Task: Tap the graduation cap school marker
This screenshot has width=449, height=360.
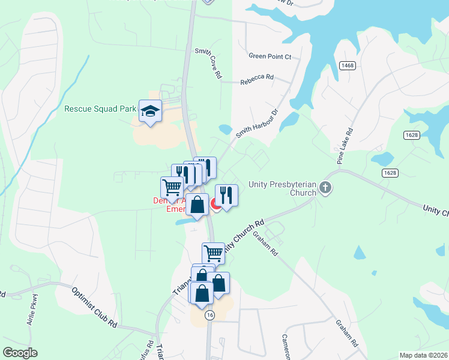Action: [x=150, y=111]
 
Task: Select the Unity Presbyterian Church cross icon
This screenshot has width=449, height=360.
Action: [x=325, y=188]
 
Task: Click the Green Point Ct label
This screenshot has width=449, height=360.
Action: [x=270, y=56]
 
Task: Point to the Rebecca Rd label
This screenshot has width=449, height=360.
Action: [x=257, y=78]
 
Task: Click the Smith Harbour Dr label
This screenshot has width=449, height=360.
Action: [x=258, y=124]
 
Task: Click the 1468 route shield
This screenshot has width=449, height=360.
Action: [x=346, y=65]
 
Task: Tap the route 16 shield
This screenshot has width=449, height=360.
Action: [x=209, y=314]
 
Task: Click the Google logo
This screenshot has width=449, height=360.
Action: [x=20, y=353]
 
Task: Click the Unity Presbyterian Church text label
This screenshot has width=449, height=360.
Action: [x=282, y=188]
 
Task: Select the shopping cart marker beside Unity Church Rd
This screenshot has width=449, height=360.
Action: [x=213, y=252]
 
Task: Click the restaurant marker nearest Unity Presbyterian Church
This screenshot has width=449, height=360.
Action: [x=226, y=194]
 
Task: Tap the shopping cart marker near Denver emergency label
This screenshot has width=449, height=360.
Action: [x=172, y=187]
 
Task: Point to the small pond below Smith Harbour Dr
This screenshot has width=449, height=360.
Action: [x=225, y=129]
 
